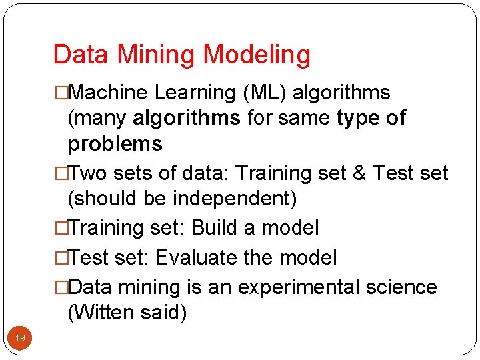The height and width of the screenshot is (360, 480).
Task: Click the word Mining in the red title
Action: coord(163,55)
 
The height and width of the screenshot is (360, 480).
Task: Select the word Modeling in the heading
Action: coord(257,55)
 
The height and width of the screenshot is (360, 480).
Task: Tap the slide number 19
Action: coord(21,339)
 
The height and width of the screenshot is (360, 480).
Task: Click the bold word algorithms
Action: coord(187,119)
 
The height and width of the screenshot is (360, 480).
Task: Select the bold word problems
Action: coord(115,144)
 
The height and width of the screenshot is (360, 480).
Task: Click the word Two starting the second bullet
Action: coord(89,173)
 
